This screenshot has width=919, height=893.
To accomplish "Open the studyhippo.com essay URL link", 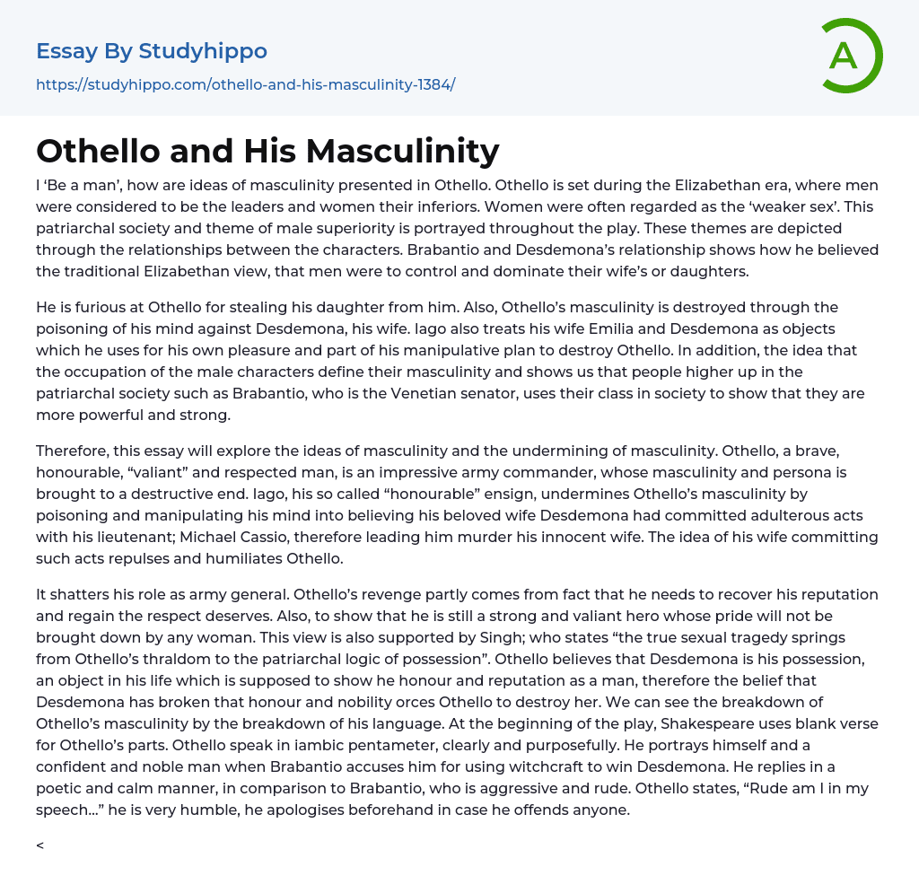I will pos(245,84).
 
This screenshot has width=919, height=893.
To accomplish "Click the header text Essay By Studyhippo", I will pos(152,51).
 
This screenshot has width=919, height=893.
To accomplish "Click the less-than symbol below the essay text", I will pos(40,845).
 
